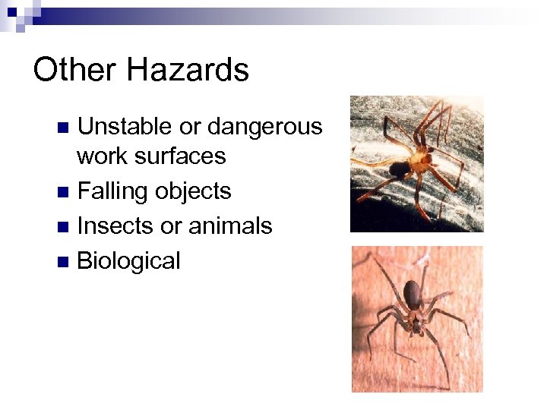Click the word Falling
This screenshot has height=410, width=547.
coord(113,191)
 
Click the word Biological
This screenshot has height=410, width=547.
coord(129,261)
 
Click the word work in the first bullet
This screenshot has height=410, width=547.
coord(105,156)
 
